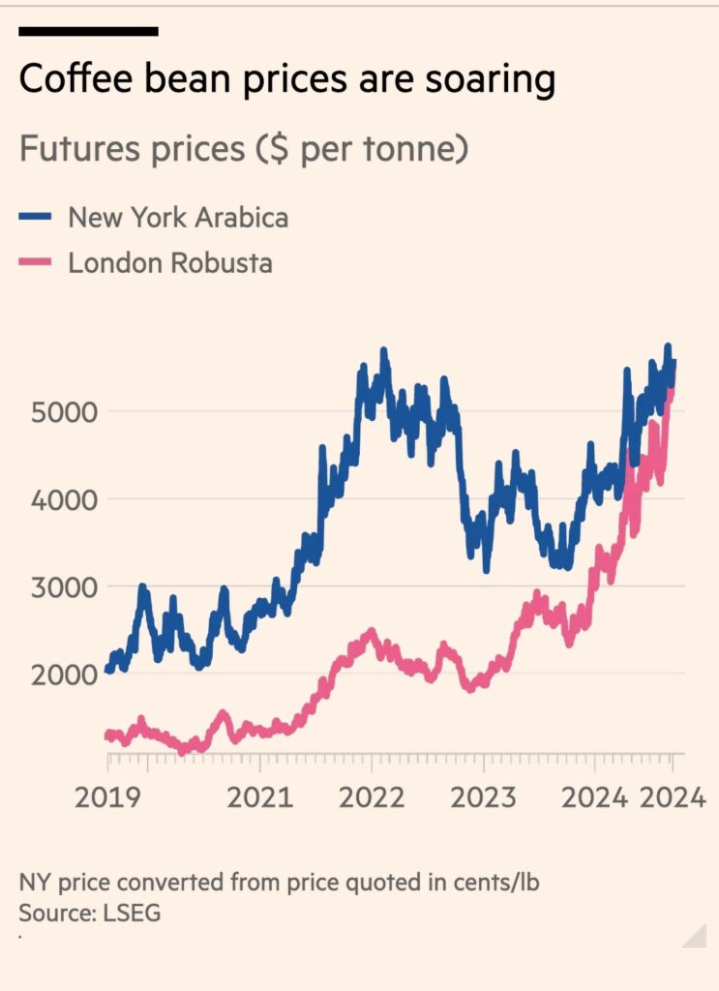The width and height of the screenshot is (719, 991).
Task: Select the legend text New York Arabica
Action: click(x=178, y=217)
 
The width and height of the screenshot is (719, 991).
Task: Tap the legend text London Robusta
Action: click(x=170, y=262)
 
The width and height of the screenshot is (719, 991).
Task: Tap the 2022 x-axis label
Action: click(x=374, y=797)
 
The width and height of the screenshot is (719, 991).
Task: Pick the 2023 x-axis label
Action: click(x=484, y=797)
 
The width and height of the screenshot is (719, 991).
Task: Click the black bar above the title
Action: click(x=88, y=32)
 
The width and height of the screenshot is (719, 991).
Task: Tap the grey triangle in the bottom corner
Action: click(x=698, y=937)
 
